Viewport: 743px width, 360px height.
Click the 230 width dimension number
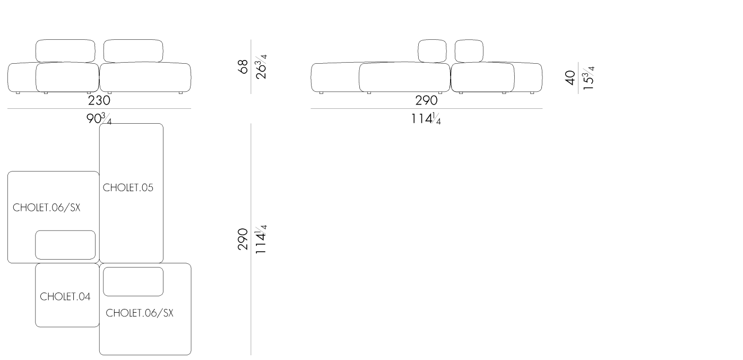click(x=99, y=100)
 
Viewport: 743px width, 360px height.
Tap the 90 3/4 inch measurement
click(x=99, y=119)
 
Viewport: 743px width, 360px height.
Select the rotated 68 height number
click(x=243, y=66)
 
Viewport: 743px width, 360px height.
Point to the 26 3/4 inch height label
click(x=261, y=66)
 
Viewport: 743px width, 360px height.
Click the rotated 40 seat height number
click(x=570, y=78)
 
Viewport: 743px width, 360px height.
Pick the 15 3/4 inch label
click(x=589, y=78)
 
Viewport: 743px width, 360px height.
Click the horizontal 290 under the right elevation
click(x=426, y=100)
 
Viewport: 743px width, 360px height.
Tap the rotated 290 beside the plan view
click(x=243, y=239)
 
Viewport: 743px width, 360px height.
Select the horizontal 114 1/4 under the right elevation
click(x=426, y=119)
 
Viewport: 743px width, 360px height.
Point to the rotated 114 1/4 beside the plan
click(x=261, y=239)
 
